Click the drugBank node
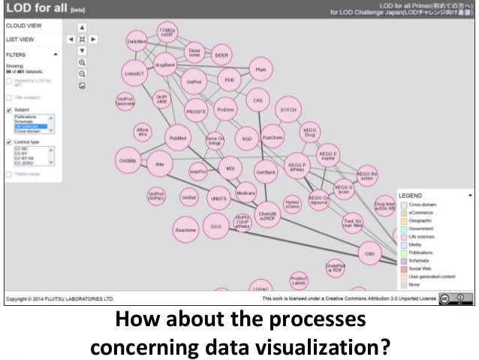coord(164,65)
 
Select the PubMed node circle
coord(178,139)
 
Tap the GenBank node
coord(267,171)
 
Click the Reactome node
coord(185,228)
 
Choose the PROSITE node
coord(196,110)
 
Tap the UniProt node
coord(194,80)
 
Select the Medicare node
coord(246,193)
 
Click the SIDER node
coord(221,56)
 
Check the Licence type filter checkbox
coord(8,141)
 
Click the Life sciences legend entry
coord(423,236)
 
